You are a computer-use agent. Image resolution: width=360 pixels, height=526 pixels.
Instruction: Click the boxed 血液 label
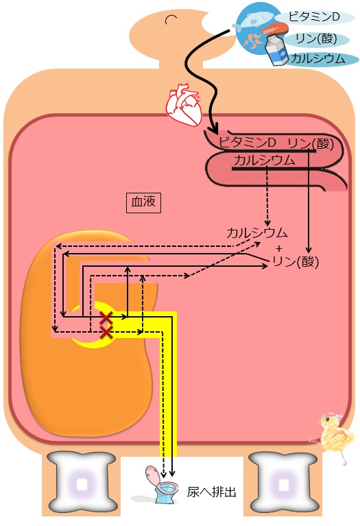click(143, 202)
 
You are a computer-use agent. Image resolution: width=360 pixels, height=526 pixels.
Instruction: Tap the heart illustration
click(184, 104)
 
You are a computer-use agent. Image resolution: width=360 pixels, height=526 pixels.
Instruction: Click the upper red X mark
click(106, 317)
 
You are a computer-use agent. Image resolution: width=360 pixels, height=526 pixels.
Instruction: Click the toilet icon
click(160, 484)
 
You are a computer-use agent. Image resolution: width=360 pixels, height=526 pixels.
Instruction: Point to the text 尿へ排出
click(211, 492)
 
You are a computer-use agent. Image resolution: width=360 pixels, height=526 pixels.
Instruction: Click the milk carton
click(277, 49)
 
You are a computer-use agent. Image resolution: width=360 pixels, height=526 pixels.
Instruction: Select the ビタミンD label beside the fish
click(314, 16)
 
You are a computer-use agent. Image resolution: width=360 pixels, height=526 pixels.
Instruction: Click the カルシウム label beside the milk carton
click(317, 59)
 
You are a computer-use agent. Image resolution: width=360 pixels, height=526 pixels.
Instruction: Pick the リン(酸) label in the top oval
click(316, 38)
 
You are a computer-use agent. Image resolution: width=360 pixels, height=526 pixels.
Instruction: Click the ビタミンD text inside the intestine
click(248, 143)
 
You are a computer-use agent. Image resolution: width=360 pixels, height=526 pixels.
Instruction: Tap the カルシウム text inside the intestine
click(265, 160)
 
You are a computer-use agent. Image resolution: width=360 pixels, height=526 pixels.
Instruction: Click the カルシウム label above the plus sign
click(257, 232)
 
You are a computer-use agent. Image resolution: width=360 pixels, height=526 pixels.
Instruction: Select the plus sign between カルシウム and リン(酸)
click(279, 248)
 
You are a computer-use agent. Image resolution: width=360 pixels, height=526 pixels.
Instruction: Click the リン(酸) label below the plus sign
click(296, 262)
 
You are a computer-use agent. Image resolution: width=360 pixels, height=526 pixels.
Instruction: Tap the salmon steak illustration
click(275, 29)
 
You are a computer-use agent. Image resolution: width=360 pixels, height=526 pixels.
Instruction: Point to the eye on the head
click(171, 19)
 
